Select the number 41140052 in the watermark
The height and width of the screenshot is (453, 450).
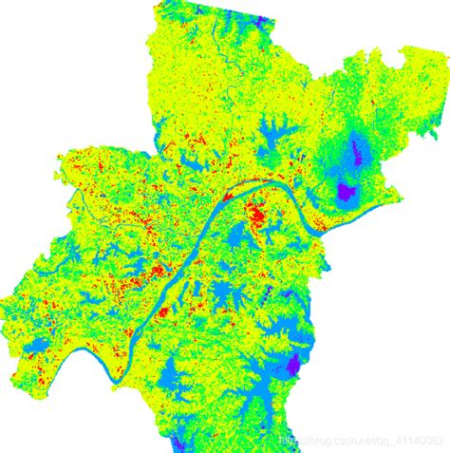[418, 442]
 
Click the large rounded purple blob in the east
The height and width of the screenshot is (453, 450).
[346, 193]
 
